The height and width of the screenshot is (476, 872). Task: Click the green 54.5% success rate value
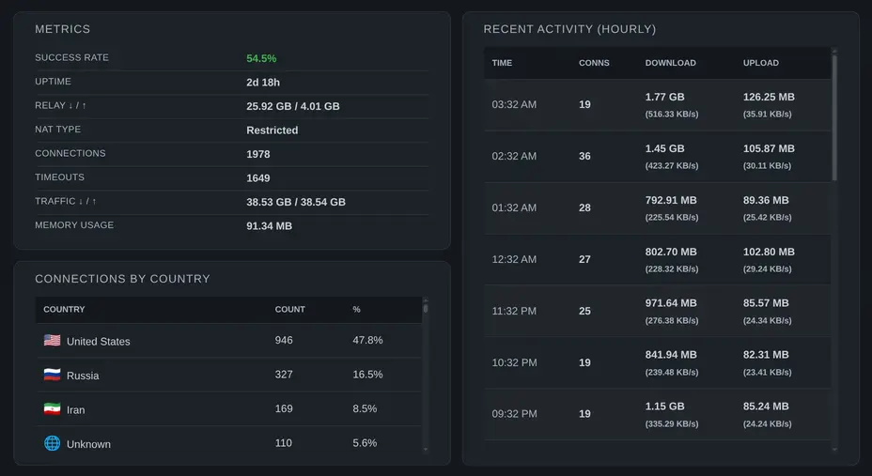point(261,58)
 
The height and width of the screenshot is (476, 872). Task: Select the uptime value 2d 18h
point(263,83)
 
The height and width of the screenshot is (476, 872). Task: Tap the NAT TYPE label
point(57,130)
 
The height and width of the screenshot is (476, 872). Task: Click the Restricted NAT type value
point(272,131)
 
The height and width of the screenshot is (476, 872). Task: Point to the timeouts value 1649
point(258,178)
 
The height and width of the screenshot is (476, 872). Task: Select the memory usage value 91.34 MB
point(269,226)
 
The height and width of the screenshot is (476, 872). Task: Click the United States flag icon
point(52,341)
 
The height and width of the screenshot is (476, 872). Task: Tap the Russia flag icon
point(52,376)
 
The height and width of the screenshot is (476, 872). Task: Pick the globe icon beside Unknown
point(52,443)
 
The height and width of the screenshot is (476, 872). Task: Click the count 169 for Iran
point(284,409)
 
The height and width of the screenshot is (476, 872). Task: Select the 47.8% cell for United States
point(367,341)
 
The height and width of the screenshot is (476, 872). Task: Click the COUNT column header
point(289,310)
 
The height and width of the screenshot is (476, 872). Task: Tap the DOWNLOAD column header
point(670,63)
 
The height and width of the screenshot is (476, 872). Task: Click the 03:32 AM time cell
point(514,105)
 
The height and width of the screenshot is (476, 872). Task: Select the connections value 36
point(584,157)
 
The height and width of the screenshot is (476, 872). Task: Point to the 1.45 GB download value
point(664,149)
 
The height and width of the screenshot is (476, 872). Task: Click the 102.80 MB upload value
point(769,253)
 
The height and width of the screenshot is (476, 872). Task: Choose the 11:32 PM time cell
point(514,311)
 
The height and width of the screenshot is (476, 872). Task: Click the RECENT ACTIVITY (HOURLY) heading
point(569,30)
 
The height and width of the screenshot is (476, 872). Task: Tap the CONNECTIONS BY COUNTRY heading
point(122,279)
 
